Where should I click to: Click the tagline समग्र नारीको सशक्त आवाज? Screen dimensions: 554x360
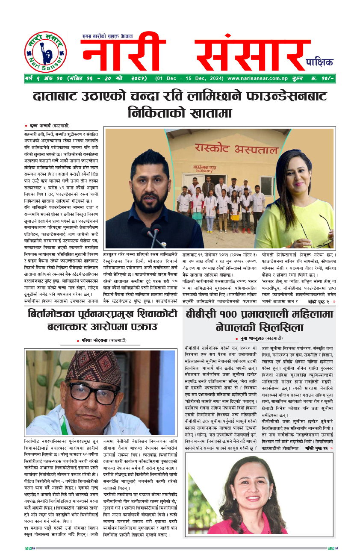click(x=108, y=36)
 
